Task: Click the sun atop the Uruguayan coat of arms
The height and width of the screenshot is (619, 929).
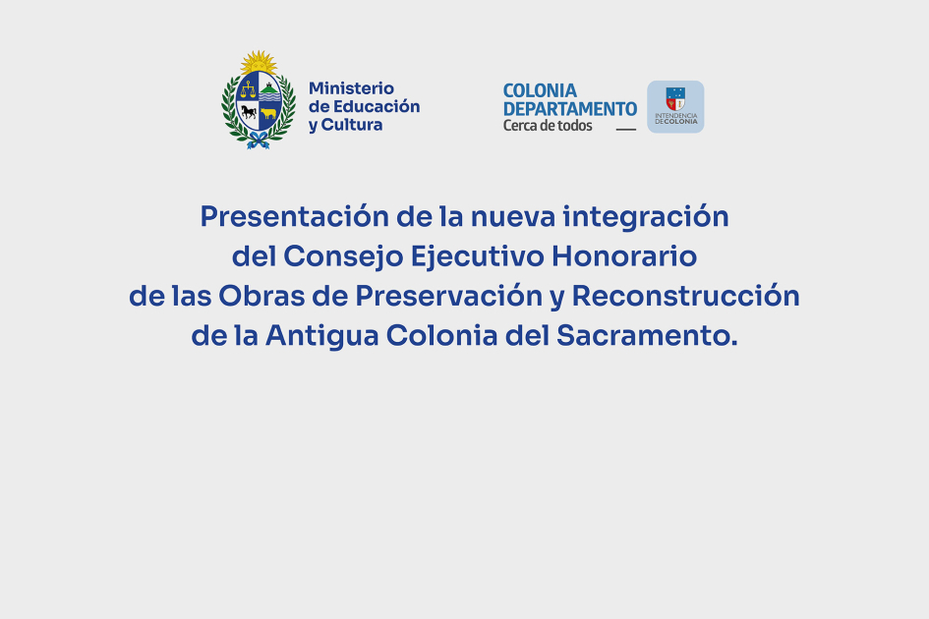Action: point(259,62)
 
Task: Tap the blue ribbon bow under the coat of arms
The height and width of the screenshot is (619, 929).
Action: point(259,141)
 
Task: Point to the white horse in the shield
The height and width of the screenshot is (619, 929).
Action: point(247,113)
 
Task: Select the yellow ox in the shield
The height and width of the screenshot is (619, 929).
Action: point(269,113)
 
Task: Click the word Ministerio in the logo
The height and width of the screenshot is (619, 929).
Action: point(351,88)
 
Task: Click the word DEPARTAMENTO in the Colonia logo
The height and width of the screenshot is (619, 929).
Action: point(570,109)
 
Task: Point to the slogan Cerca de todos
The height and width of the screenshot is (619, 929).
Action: point(548,126)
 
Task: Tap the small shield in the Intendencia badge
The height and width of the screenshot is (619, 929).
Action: point(675,98)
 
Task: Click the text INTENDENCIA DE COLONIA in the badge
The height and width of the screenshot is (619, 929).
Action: point(675,119)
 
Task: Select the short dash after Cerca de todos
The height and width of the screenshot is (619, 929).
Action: point(625,129)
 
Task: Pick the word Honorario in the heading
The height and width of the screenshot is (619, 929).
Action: point(624,256)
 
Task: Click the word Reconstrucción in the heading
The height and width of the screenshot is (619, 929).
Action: point(686,296)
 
